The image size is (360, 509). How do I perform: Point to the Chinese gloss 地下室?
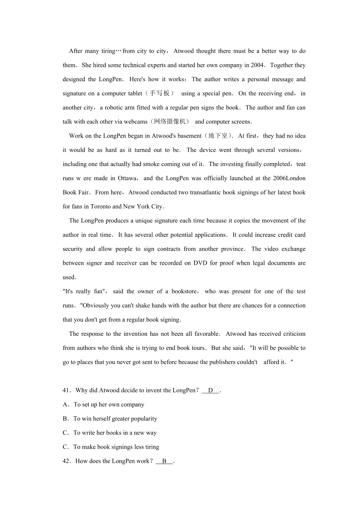tap(218, 136)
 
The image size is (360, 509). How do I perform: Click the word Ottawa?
tap(127, 178)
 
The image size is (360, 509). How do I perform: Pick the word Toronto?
tap(100, 207)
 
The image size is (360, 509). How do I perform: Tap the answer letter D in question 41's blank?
tap(211, 390)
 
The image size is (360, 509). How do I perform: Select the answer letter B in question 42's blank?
tap(164, 461)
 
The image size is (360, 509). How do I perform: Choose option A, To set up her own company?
tap(103, 405)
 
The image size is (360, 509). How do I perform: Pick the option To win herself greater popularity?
tap(110, 419)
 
